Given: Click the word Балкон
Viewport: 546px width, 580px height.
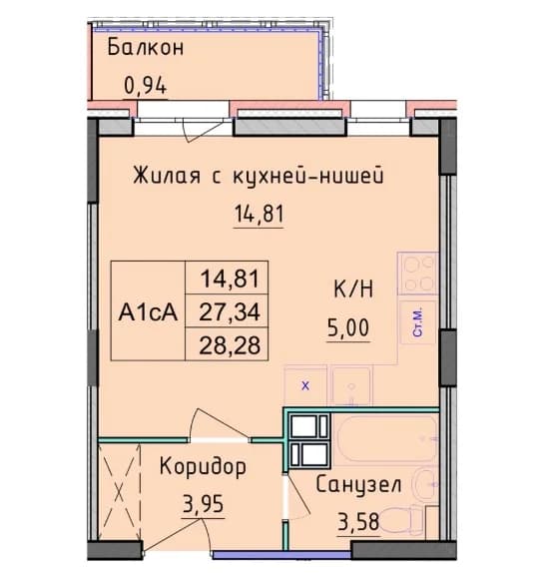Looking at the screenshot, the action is (x=146, y=48).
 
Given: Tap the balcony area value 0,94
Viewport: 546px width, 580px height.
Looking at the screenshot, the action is (x=145, y=86).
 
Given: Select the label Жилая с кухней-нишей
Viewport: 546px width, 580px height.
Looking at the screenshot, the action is (x=259, y=176).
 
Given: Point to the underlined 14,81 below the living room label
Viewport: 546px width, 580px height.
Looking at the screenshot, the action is (x=259, y=214).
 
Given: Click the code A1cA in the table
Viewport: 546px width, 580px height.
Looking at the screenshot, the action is (x=148, y=311).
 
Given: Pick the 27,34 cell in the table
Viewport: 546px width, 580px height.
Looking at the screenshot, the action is (x=230, y=311).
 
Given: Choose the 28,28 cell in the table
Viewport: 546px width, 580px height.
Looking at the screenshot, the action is (x=230, y=345).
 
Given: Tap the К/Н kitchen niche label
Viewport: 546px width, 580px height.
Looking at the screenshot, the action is (x=353, y=290).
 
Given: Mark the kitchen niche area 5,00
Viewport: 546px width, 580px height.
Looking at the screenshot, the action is (x=348, y=327).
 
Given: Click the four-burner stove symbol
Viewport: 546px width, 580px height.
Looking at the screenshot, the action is (x=418, y=273).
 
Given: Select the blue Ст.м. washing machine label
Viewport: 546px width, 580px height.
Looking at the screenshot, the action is (x=418, y=322).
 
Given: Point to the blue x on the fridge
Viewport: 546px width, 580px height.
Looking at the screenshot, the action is (x=305, y=385).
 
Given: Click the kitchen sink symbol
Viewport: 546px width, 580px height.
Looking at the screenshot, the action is (x=351, y=386).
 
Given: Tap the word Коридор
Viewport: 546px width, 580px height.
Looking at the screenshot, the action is (x=203, y=467).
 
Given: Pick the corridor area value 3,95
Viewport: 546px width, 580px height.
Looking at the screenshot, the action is (x=203, y=504).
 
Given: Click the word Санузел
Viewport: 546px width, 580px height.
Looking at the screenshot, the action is (x=358, y=484).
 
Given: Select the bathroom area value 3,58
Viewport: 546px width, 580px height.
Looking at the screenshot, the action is (x=358, y=522).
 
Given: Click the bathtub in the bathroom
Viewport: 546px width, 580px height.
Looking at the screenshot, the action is (x=385, y=439).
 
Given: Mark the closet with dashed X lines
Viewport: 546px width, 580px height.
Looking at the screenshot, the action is (x=119, y=492).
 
